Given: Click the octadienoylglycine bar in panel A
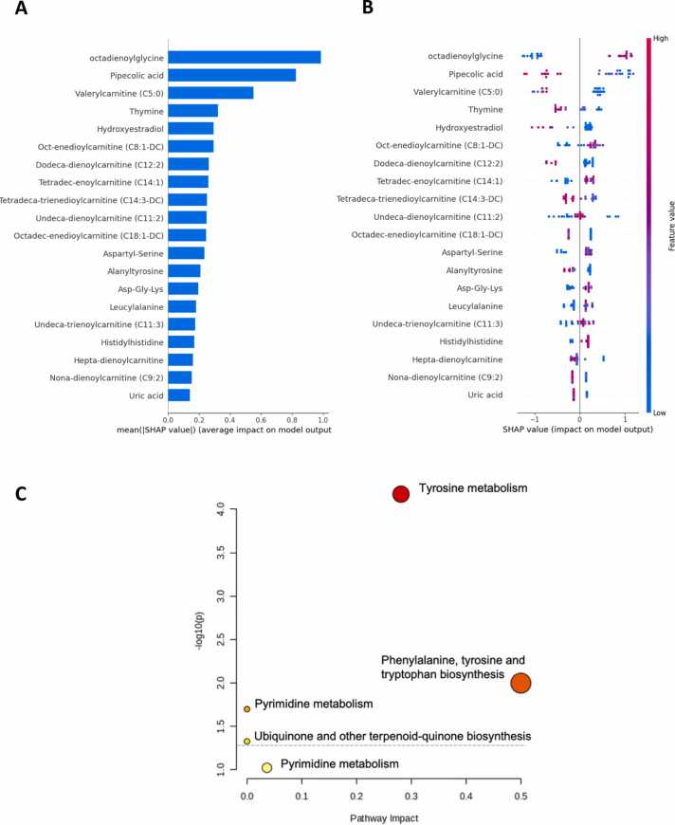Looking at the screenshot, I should click(244, 57).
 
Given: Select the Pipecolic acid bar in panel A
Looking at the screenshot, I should click(231, 75).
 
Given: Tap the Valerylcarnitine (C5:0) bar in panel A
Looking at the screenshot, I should click(210, 93).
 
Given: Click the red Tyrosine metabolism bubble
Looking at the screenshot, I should click(400, 493).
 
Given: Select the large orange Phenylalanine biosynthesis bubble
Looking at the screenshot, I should click(520, 683).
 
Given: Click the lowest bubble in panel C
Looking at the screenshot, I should click(267, 767).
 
